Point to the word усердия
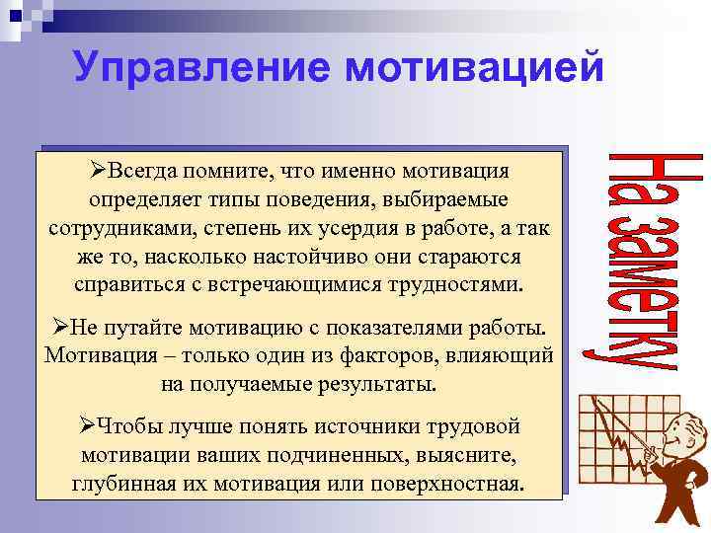point(353,229)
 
